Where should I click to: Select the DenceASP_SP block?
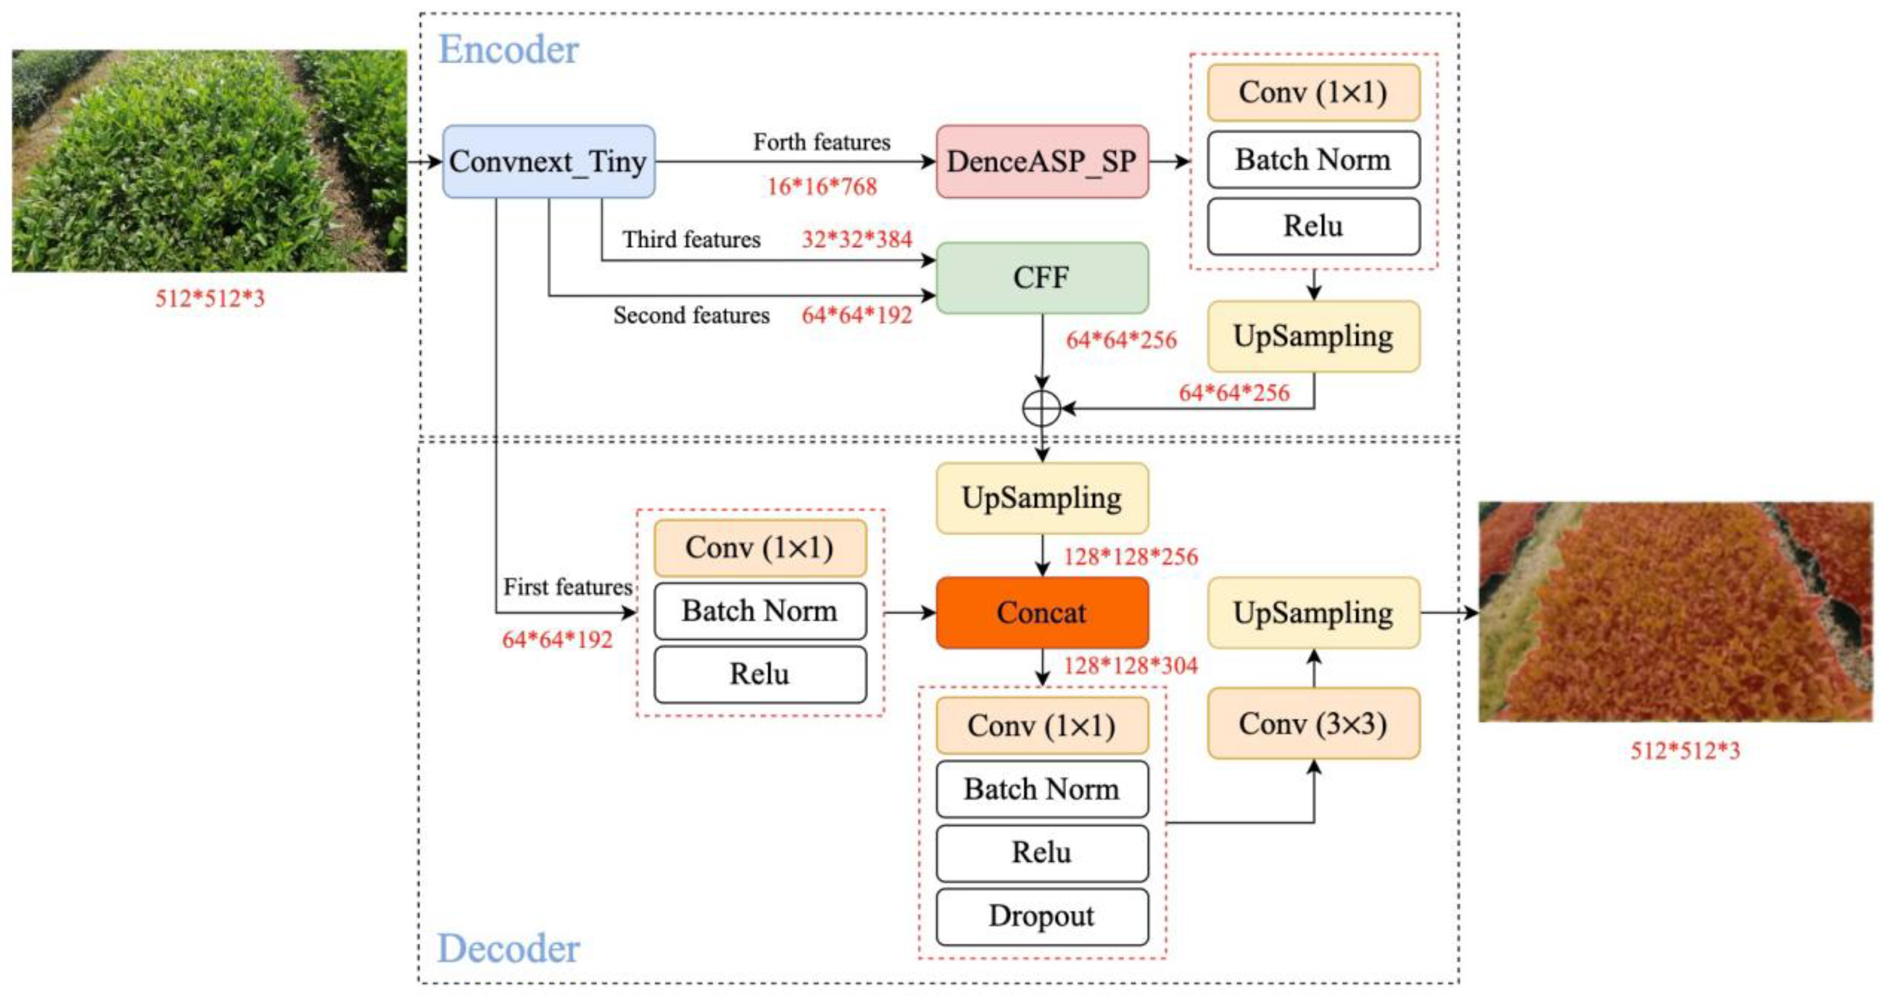pos(1042,162)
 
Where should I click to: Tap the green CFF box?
pos(1042,278)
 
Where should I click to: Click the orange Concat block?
pos(1042,612)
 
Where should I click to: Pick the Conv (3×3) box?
pos(1313,723)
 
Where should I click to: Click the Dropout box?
pos(1042,916)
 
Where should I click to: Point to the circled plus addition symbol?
pos(1042,408)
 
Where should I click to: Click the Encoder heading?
pos(508,50)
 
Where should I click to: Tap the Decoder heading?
pos(508,948)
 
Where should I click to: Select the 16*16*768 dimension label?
pos(822,186)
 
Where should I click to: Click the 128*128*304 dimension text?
pos(1130,666)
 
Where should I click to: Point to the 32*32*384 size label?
pos(857,239)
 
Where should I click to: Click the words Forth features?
pos(822,142)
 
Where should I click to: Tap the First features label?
pos(567,586)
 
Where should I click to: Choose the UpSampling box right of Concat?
pos(1313,612)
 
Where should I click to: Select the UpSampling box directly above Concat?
pos(1042,498)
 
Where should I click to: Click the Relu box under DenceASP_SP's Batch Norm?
pos(1313,226)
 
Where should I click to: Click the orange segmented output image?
pos(1675,612)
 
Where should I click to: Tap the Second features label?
pos(691,315)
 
